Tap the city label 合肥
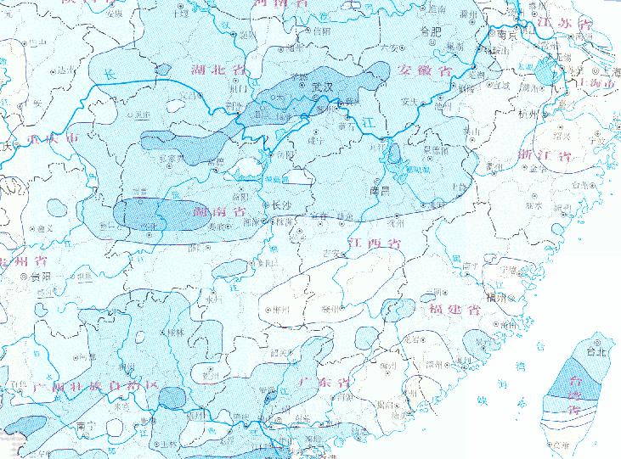(432, 32)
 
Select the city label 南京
(508, 36)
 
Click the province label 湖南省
(220, 210)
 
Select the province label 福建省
(457, 309)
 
